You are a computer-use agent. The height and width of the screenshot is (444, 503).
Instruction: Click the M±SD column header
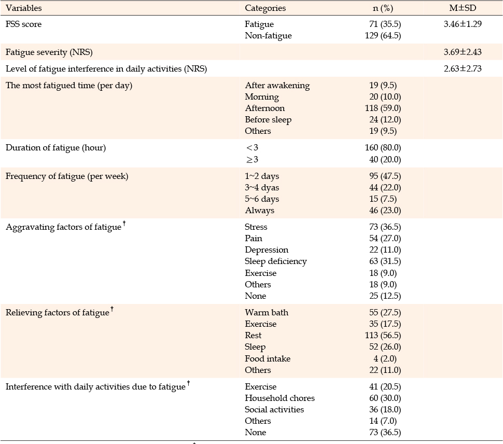pyautogui.click(x=462, y=8)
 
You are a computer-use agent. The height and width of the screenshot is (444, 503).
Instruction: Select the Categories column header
pyautogui.click(x=265, y=8)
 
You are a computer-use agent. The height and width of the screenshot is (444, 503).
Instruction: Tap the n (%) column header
pyautogui.click(x=383, y=8)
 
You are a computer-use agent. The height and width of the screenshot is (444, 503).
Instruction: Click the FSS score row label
pyautogui.click(x=23, y=24)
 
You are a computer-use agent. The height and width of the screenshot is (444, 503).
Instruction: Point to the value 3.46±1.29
pyautogui.click(x=463, y=24)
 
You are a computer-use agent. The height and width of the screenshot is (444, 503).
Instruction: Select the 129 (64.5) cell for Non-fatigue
pyautogui.click(x=383, y=36)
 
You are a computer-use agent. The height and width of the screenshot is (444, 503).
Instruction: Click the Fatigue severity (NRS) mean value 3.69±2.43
pyautogui.click(x=463, y=52)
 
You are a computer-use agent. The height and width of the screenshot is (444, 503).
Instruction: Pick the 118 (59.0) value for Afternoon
pyautogui.click(x=383, y=108)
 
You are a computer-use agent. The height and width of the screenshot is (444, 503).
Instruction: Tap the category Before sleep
pyautogui.click(x=268, y=120)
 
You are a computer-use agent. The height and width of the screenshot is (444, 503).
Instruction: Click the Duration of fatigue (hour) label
pyautogui.click(x=55, y=148)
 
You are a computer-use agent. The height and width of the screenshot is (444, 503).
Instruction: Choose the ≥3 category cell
pyautogui.click(x=252, y=159)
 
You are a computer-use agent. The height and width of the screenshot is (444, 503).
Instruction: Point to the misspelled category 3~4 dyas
pyautogui.click(x=262, y=188)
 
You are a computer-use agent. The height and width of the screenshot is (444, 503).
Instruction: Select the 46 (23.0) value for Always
pyautogui.click(x=385, y=211)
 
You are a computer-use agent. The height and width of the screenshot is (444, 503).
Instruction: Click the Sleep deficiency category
pyautogui.click(x=275, y=261)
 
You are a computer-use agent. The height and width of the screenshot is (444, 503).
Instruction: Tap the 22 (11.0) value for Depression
pyautogui.click(x=385, y=250)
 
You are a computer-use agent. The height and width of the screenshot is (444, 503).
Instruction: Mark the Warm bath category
pyautogui.click(x=266, y=312)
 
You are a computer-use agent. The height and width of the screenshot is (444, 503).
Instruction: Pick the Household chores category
pyautogui.click(x=280, y=398)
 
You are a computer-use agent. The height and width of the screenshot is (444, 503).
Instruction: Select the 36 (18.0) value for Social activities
pyautogui.click(x=385, y=410)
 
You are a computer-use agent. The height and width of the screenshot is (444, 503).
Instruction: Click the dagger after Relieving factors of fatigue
pyautogui.click(x=112, y=309)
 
